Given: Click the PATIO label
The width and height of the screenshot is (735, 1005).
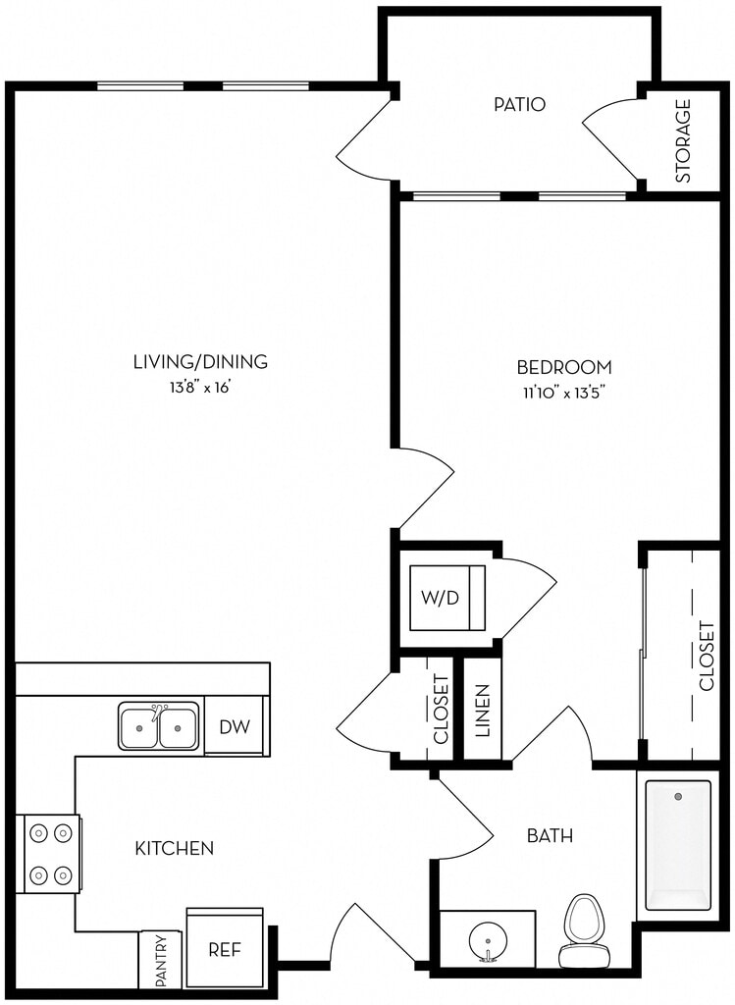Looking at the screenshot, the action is tap(519, 104).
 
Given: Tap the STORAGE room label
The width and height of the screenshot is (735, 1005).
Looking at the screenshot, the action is tap(683, 140).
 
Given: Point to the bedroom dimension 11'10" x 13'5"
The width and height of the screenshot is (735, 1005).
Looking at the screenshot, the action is tap(564, 393).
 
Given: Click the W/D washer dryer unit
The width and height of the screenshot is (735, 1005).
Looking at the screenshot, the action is tap(447, 598).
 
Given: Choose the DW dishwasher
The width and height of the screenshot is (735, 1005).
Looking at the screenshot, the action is tap(234, 726).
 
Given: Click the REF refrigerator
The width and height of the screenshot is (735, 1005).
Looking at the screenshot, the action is tap(225, 949).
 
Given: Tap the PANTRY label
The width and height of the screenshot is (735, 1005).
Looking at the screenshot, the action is tap(161, 960).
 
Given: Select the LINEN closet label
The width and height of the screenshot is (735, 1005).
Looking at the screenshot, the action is tap(483, 711).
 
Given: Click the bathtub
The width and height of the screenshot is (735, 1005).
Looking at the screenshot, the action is tap(678, 845).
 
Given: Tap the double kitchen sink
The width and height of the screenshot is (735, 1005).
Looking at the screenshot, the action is tap(158, 727).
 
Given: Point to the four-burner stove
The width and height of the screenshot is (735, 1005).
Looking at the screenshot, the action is tap(51, 853).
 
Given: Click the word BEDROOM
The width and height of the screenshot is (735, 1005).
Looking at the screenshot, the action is tap(564, 367).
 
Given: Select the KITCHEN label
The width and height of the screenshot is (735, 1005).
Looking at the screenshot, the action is tap(175, 848).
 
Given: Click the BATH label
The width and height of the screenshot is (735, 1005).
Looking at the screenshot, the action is tap(550, 835).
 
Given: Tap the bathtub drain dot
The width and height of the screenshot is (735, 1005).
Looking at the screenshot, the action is tap(678, 797).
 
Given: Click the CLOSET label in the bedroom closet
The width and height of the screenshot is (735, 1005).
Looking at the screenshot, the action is tap(707, 655).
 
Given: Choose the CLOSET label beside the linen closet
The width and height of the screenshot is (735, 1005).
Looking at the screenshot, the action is tap(441, 709).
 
